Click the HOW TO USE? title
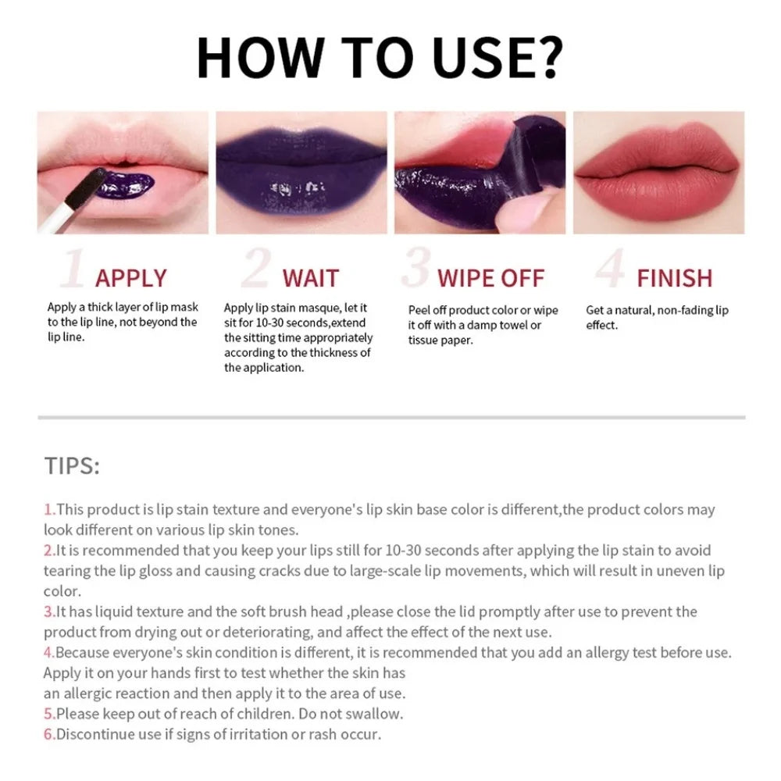click(x=380, y=56)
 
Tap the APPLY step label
click(x=130, y=278)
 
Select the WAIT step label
click(x=310, y=278)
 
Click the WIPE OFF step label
click(x=490, y=278)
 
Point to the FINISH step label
click(x=674, y=278)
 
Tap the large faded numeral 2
click(x=255, y=269)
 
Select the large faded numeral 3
click(x=416, y=269)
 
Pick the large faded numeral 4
click(x=609, y=269)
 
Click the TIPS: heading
click(x=72, y=466)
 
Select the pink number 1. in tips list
click(x=49, y=510)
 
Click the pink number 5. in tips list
click(x=49, y=713)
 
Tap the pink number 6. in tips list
click(x=49, y=733)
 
